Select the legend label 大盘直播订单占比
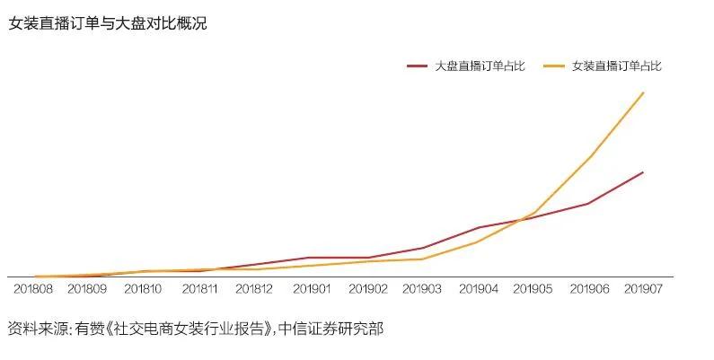tap(480, 66)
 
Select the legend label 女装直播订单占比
tap(617, 66)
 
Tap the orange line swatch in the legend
tap(555, 66)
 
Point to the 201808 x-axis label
tap(32, 288)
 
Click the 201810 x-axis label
tap(143, 288)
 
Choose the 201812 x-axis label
tap(254, 288)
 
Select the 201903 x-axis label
tap(421, 288)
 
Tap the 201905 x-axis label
tap(533, 288)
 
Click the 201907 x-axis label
tap(643, 288)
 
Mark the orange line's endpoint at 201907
tap(643, 92)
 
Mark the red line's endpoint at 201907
tap(643, 172)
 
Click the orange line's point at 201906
tap(588, 157)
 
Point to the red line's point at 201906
tap(588, 204)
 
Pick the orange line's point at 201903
tap(421, 259)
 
